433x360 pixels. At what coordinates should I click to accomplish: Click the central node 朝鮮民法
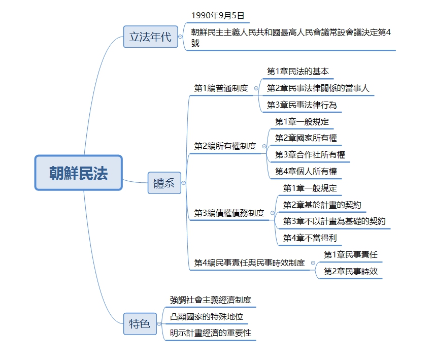coord(78,173)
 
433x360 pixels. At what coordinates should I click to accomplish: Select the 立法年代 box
coord(150,37)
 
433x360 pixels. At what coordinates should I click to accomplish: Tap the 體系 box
coord(164,183)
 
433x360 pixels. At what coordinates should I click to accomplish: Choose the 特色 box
coord(140,323)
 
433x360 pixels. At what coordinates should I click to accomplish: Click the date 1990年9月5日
coord(218,15)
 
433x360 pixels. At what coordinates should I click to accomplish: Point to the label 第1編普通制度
coord(221,88)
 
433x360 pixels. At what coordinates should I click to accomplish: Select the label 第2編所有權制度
coord(225,146)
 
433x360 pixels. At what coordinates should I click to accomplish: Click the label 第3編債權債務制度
coord(229,213)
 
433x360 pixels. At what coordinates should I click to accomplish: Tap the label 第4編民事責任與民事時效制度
coord(249,263)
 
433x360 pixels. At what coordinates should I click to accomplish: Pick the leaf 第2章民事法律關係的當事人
coord(318,88)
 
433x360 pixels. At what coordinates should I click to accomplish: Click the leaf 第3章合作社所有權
coord(310,155)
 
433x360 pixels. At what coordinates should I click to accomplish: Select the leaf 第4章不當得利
coord(310,238)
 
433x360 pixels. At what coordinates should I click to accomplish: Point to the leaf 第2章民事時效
coord(350,271)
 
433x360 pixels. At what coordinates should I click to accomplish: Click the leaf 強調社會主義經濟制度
coord(211,300)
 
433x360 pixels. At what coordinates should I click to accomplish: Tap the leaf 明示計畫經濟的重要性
coord(211,333)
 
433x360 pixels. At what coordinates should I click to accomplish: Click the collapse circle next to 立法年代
coord(180,37)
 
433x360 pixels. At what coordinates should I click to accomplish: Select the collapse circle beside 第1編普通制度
coord(256,88)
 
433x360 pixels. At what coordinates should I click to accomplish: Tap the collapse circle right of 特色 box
coord(159,324)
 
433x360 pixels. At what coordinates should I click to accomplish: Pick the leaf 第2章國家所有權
coord(306,138)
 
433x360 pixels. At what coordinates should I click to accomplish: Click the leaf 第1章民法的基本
coord(297,71)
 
